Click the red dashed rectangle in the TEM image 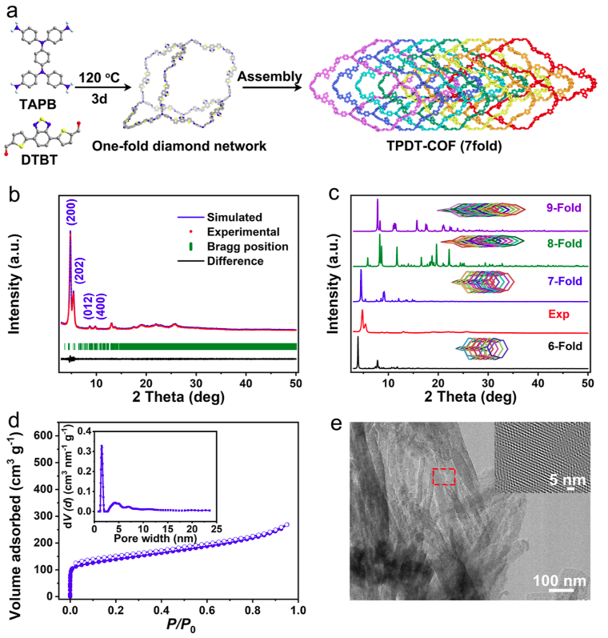tap(445, 476)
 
